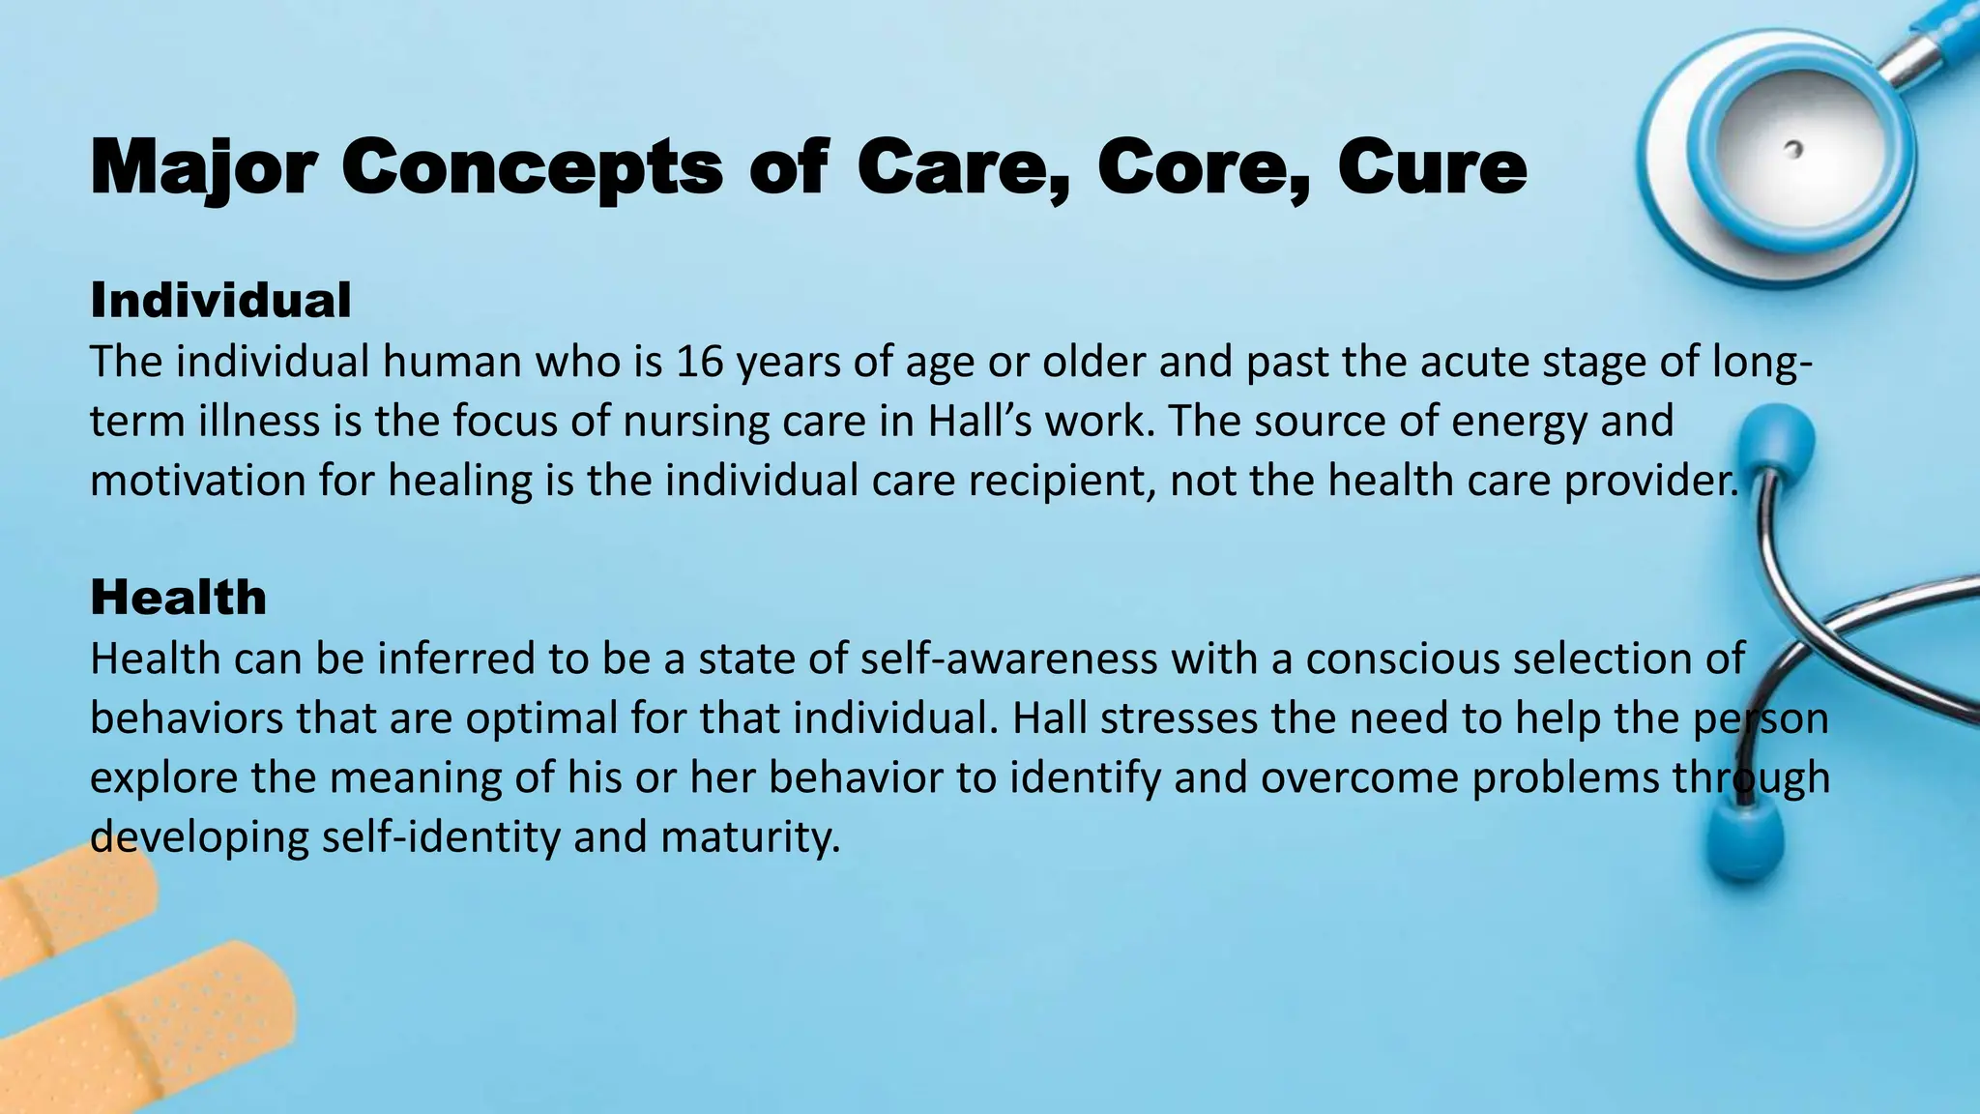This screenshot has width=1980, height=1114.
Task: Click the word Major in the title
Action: click(x=203, y=168)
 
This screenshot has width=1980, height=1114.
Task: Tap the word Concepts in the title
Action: click(x=532, y=168)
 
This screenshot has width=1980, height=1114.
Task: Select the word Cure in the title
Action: click(x=1432, y=168)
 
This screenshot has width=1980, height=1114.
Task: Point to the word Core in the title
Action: click(x=1204, y=168)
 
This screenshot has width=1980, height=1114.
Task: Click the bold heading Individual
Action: click(x=220, y=300)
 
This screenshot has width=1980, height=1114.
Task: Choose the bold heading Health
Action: click(x=178, y=597)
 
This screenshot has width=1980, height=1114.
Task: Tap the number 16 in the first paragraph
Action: click(x=699, y=362)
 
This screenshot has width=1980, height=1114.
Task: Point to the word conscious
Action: click(x=1402, y=659)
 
